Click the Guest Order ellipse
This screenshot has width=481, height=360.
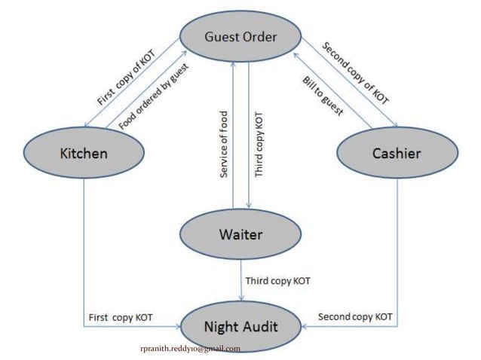pyautogui.click(x=241, y=36)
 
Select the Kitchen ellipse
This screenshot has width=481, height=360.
pyautogui.click(x=83, y=154)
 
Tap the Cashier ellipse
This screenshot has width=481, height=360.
pyautogui.click(x=397, y=154)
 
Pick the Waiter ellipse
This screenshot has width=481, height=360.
pyautogui.click(x=240, y=234)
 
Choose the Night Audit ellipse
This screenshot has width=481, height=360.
pyautogui.click(x=241, y=327)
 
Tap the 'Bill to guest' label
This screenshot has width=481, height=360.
pyautogui.click(x=323, y=96)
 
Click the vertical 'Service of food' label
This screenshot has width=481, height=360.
pyautogui.click(x=223, y=144)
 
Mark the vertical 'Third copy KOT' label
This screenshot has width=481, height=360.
pyautogui.click(x=259, y=145)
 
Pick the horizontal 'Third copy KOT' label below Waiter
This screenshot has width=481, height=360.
pyautogui.click(x=277, y=281)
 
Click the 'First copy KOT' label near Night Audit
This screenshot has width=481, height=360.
pyautogui.click(x=121, y=317)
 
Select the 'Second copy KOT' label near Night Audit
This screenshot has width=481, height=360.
pyautogui.click(x=354, y=317)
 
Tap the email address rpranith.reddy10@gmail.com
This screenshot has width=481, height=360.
pyautogui.click(x=190, y=349)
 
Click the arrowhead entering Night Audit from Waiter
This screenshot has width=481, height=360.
pyautogui.click(x=241, y=297)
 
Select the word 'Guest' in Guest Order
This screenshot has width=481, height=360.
pyautogui.click(x=222, y=36)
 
